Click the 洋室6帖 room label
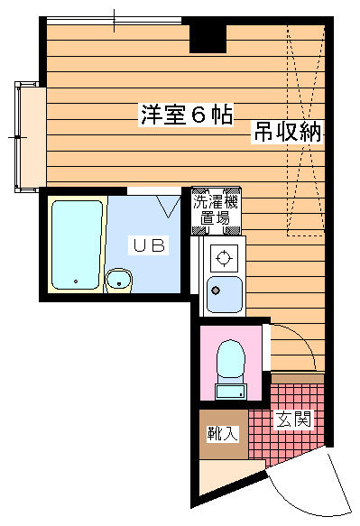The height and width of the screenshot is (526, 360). click(186, 115)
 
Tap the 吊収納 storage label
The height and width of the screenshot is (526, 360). click(287, 131)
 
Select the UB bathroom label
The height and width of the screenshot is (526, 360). click(149, 245)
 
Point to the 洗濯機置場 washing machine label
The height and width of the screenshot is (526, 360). click(216, 210)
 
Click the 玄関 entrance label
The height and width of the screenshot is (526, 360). click(293, 419)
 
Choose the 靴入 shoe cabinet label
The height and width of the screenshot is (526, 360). click(222, 433)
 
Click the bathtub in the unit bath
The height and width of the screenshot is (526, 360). click(77, 245)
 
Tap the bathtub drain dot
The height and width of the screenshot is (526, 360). click(76, 281)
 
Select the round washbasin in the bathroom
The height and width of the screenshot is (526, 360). click(119, 280)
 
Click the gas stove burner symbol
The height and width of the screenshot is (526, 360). click(224, 258)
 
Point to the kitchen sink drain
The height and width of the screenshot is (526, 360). click(216, 291)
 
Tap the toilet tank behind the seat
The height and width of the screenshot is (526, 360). click(231, 392)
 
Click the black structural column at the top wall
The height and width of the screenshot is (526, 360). click(208, 38)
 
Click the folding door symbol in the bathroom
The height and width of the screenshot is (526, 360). click(168, 207)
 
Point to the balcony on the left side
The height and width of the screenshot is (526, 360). click(30, 137)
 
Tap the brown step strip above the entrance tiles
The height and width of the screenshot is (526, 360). click(297, 379)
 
